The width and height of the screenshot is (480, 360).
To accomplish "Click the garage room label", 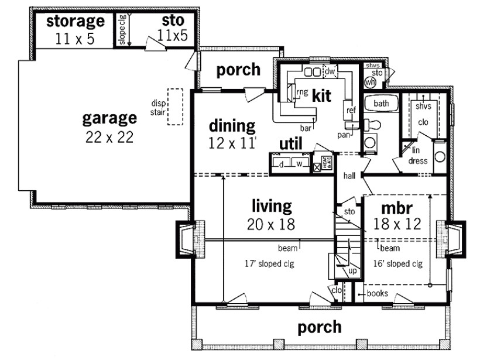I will [x=109, y=119].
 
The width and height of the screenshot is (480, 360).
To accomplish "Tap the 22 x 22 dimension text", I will [x=109, y=138].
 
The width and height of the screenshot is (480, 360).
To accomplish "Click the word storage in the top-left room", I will [x=76, y=22].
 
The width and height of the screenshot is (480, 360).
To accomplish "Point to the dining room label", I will [x=232, y=126].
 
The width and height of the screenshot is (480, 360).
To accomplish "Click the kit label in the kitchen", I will [x=322, y=95].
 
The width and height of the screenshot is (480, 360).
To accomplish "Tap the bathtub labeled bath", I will [x=382, y=104].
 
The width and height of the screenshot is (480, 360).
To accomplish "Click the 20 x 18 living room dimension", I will [x=271, y=224].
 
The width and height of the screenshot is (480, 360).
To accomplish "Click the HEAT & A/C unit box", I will [x=323, y=163].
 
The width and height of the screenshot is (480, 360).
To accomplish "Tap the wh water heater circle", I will [x=369, y=83].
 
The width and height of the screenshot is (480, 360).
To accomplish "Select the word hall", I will [x=350, y=175].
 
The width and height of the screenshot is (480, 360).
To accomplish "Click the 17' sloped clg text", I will [x=270, y=263].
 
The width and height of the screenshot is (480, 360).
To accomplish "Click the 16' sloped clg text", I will [x=398, y=263].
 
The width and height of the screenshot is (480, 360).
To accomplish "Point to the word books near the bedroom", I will [x=377, y=293].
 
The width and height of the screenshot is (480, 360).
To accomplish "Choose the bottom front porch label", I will [x=319, y=327].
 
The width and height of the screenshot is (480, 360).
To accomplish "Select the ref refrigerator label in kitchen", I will [x=351, y=110].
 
